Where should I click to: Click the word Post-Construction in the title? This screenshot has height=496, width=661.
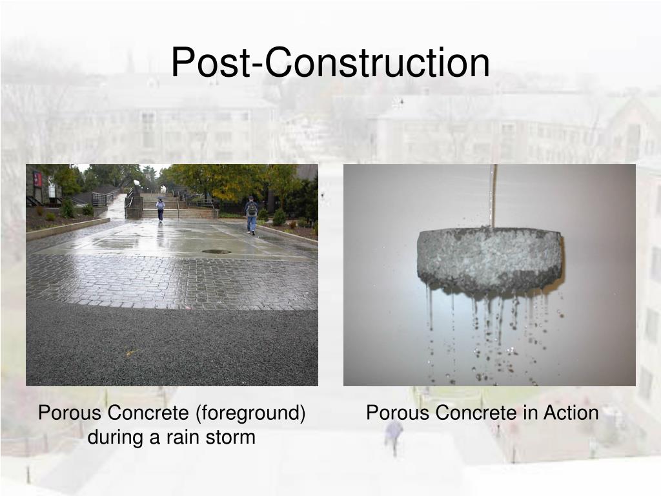(330, 63)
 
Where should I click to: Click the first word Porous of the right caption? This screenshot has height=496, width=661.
(396, 413)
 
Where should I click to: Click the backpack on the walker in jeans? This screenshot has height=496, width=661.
(251, 208)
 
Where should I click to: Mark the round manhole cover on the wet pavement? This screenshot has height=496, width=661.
(216, 251)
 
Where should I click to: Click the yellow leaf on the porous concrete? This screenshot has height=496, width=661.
(132, 353)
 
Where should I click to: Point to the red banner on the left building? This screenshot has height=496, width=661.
(37, 179)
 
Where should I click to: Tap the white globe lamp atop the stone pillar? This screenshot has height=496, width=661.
(136, 183)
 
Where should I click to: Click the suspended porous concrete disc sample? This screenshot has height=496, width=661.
(489, 258)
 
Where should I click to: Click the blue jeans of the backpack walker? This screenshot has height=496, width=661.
(251, 223)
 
